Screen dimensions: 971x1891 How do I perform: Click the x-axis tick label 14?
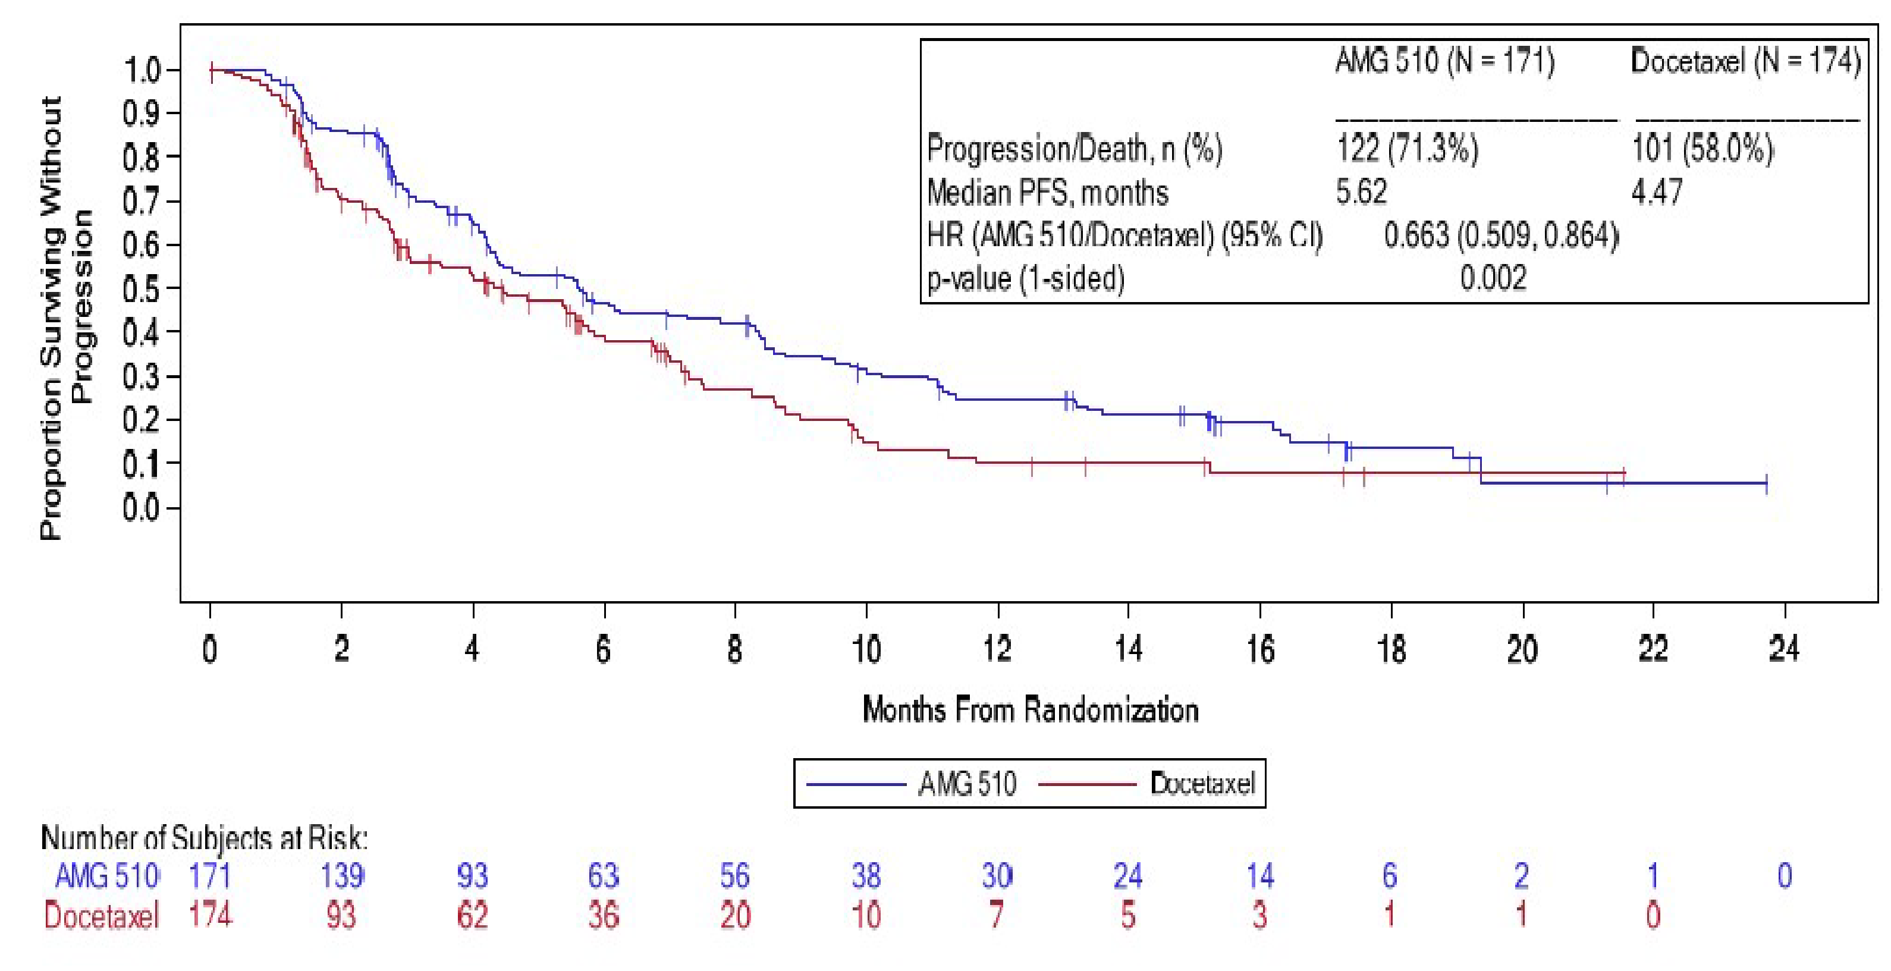tap(1128, 649)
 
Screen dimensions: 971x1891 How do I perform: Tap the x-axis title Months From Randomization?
tap(1030, 710)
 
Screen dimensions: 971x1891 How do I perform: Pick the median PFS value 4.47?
tap(1656, 192)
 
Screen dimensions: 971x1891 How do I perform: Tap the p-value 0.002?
tap(1493, 278)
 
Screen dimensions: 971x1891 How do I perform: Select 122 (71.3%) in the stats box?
tap(1406, 149)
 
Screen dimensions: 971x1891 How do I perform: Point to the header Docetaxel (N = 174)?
tap(1745, 61)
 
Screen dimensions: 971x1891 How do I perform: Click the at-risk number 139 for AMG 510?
tap(341, 876)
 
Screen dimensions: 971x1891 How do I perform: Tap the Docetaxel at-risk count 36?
tap(604, 915)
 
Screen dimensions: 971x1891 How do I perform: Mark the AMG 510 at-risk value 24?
tap(1128, 876)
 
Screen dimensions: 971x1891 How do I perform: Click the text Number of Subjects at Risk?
tap(204, 837)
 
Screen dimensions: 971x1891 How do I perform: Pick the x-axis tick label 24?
tap(1784, 649)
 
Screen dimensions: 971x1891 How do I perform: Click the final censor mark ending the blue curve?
tap(1766, 483)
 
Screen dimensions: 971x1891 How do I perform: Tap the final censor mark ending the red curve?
tap(1624, 473)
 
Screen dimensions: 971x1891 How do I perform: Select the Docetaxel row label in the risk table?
tap(101, 916)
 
